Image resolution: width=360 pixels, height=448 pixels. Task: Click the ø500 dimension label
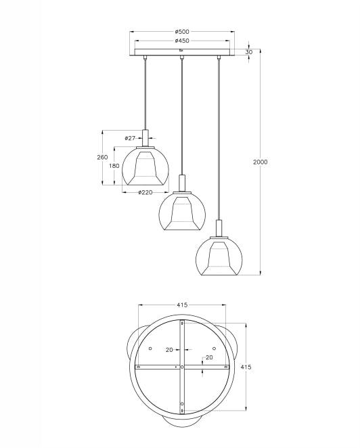(x=181, y=31)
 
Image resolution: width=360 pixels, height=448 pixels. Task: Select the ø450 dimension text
(x=181, y=41)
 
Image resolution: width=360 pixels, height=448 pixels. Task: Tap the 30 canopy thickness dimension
(x=250, y=52)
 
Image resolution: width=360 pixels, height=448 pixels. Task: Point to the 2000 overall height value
(x=260, y=162)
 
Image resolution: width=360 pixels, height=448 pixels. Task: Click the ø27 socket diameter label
(x=130, y=138)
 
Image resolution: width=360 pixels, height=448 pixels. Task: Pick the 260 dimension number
(x=102, y=157)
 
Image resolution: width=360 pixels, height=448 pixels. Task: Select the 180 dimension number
(x=114, y=166)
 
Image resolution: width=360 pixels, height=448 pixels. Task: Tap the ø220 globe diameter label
(x=144, y=193)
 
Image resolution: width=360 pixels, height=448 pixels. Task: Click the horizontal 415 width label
(x=181, y=305)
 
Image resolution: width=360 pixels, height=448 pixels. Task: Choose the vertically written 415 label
(x=246, y=366)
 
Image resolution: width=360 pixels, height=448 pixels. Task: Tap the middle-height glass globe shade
(x=181, y=212)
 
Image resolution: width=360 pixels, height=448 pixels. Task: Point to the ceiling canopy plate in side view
(x=181, y=52)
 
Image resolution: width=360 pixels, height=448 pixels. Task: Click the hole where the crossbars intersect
(x=181, y=366)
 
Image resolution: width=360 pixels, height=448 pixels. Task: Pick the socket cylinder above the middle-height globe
(x=181, y=182)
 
